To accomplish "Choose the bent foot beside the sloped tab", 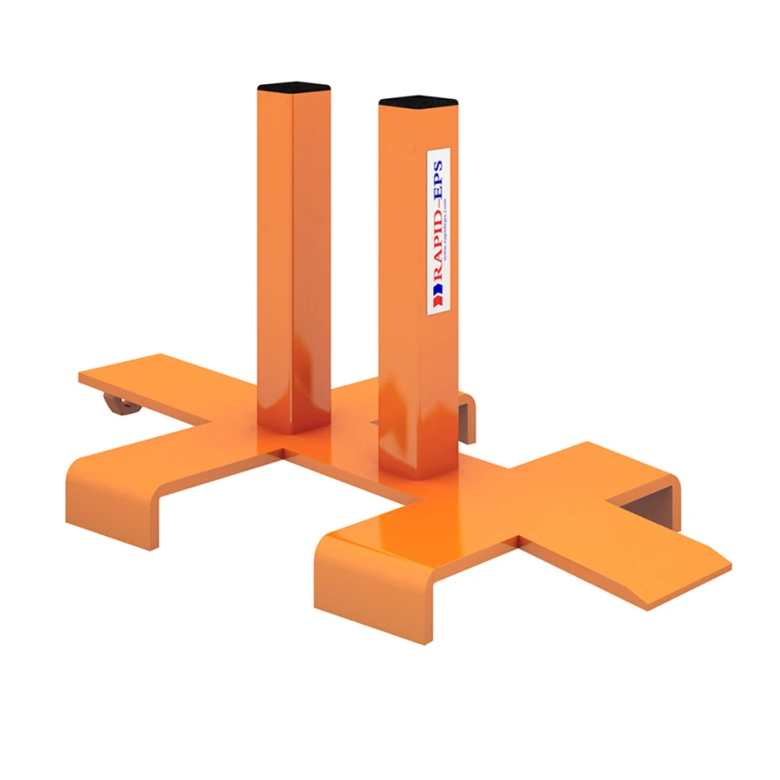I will pyautogui.click(x=655, y=486).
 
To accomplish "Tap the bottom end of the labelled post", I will pyautogui.click(x=416, y=472).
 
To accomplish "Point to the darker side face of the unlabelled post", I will pyautogui.click(x=312, y=262).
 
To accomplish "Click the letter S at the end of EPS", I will pyautogui.click(x=437, y=168).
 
